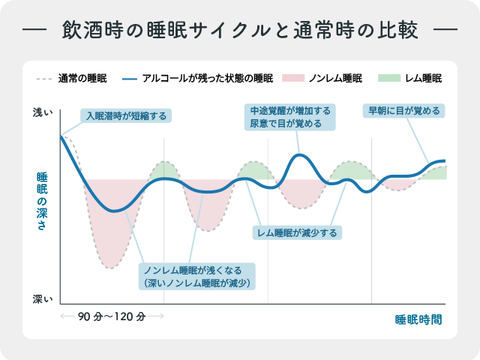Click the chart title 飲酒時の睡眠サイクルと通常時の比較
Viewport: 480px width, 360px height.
tap(240, 33)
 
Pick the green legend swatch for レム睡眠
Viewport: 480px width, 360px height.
tap(388, 78)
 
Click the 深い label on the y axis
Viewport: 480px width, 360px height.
tap(42, 299)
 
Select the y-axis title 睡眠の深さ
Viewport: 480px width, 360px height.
tap(42, 202)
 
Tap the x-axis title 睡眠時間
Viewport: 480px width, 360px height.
tap(418, 318)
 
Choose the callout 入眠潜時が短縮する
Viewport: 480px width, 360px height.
tap(126, 115)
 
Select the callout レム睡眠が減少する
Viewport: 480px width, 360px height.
tap(297, 232)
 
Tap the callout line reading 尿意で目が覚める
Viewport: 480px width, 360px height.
tap(291, 124)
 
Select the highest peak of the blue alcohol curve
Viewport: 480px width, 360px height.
tap(299, 155)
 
